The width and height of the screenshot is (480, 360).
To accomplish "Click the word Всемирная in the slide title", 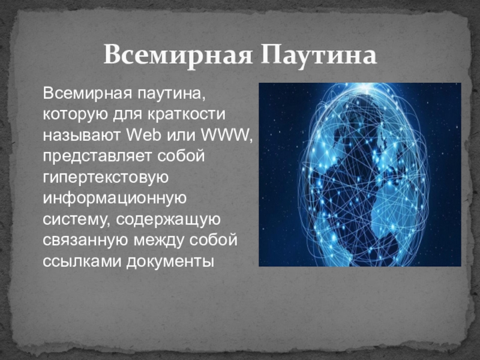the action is click(178, 55).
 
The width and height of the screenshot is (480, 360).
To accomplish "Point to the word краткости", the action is click(186, 115).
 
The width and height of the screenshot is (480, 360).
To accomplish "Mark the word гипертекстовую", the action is click(106, 178).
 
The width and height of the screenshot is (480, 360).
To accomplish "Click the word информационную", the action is click(115, 199).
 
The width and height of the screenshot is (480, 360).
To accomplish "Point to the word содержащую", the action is click(168, 220).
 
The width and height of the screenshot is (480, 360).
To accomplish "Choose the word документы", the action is click(170, 262).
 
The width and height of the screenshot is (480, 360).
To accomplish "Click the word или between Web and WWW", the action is click(181, 135).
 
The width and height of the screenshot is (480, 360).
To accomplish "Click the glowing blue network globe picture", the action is click(360, 175).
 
